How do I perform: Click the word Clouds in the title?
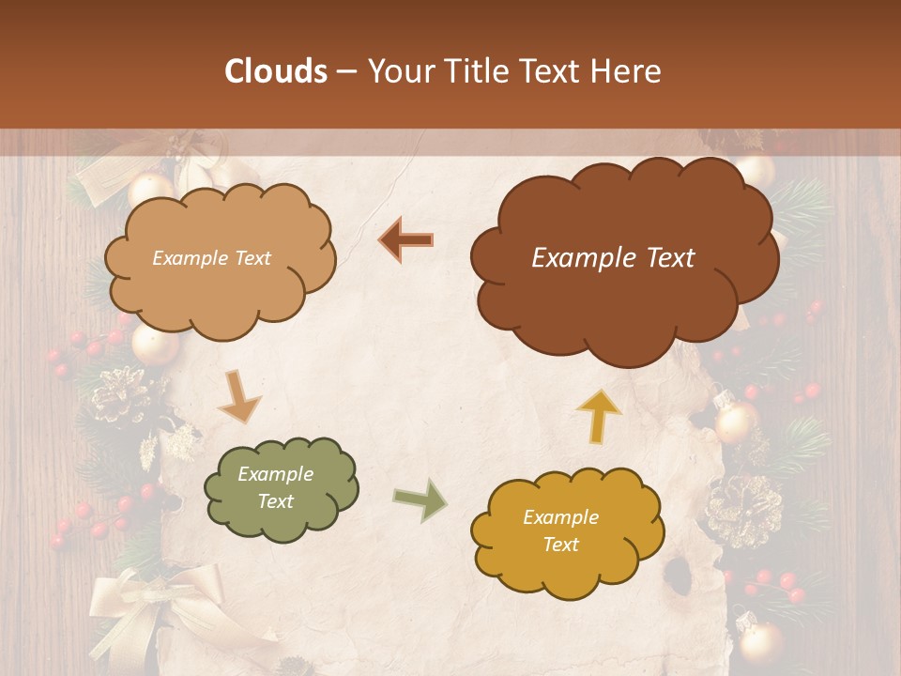[x=276, y=71]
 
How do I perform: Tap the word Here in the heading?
[x=626, y=71]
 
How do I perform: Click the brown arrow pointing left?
[x=405, y=240]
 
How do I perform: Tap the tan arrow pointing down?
[x=238, y=397]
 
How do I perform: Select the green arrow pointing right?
[x=420, y=501]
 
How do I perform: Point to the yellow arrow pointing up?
[x=599, y=415]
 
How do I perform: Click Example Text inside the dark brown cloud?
[x=613, y=258]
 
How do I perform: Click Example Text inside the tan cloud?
[x=211, y=258]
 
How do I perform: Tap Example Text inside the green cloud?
[x=275, y=488]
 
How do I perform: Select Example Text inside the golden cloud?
[x=560, y=530]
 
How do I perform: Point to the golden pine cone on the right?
[x=743, y=510]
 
